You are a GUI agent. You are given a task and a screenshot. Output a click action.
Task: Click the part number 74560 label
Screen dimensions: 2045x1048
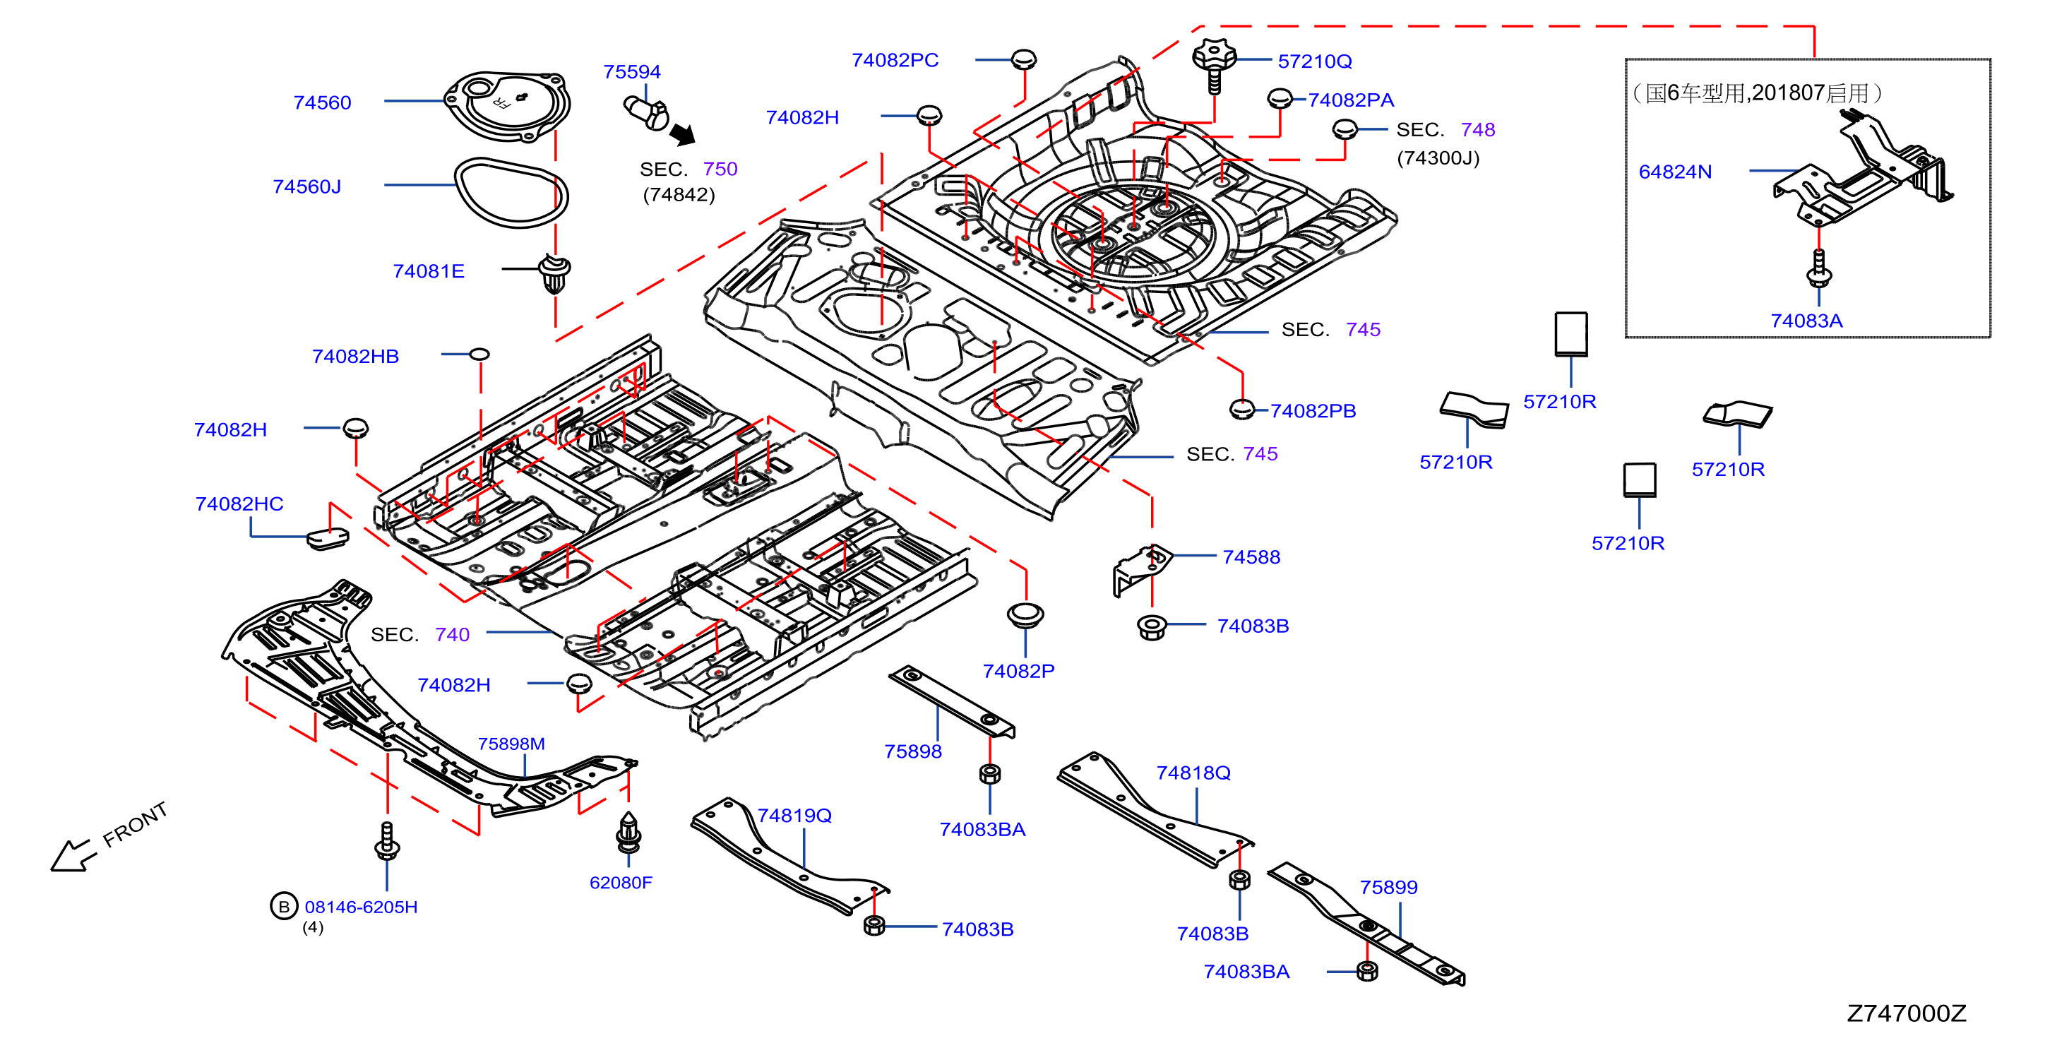click(321, 102)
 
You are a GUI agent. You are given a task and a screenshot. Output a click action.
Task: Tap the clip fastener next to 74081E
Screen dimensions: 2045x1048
click(554, 273)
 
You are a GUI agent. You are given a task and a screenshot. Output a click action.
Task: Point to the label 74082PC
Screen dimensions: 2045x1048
click(895, 60)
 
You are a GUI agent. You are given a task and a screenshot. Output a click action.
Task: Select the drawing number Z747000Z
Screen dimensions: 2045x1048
click(1906, 1013)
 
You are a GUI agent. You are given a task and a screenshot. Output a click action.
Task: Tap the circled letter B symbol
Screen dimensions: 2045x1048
click(283, 906)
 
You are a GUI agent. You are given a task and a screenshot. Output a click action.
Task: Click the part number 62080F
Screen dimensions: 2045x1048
click(620, 882)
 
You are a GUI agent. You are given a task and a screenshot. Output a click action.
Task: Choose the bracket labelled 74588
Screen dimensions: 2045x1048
click(1142, 568)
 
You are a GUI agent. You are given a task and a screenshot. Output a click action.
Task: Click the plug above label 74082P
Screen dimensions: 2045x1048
click(1025, 615)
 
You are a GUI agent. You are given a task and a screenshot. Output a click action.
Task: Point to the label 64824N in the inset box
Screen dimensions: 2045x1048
click(1675, 172)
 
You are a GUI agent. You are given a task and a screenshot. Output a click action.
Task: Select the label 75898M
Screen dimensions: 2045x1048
click(511, 744)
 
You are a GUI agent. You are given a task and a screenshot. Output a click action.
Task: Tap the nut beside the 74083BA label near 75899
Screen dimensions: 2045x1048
click(1367, 971)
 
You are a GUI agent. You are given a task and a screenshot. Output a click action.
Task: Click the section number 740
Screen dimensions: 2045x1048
click(452, 634)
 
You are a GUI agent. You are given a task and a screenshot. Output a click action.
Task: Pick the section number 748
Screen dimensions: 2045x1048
click(1477, 129)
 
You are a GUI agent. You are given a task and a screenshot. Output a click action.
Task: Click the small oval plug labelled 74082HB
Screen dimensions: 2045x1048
click(479, 354)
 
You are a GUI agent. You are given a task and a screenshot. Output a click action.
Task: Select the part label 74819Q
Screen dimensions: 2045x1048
click(794, 816)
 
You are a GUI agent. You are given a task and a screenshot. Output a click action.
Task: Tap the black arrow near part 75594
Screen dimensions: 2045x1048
click(683, 134)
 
